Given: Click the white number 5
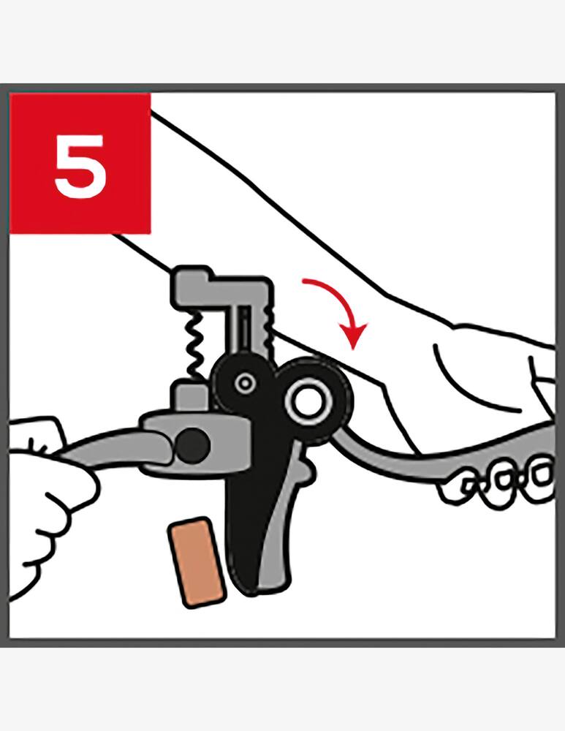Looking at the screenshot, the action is [x=80, y=166].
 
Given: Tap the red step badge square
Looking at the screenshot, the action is [x=80, y=163].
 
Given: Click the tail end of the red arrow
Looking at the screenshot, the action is [x=304, y=281].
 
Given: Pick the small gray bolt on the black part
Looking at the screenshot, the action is [x=244, y=384].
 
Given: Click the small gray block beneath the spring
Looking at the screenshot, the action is [x=191, y=397].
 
